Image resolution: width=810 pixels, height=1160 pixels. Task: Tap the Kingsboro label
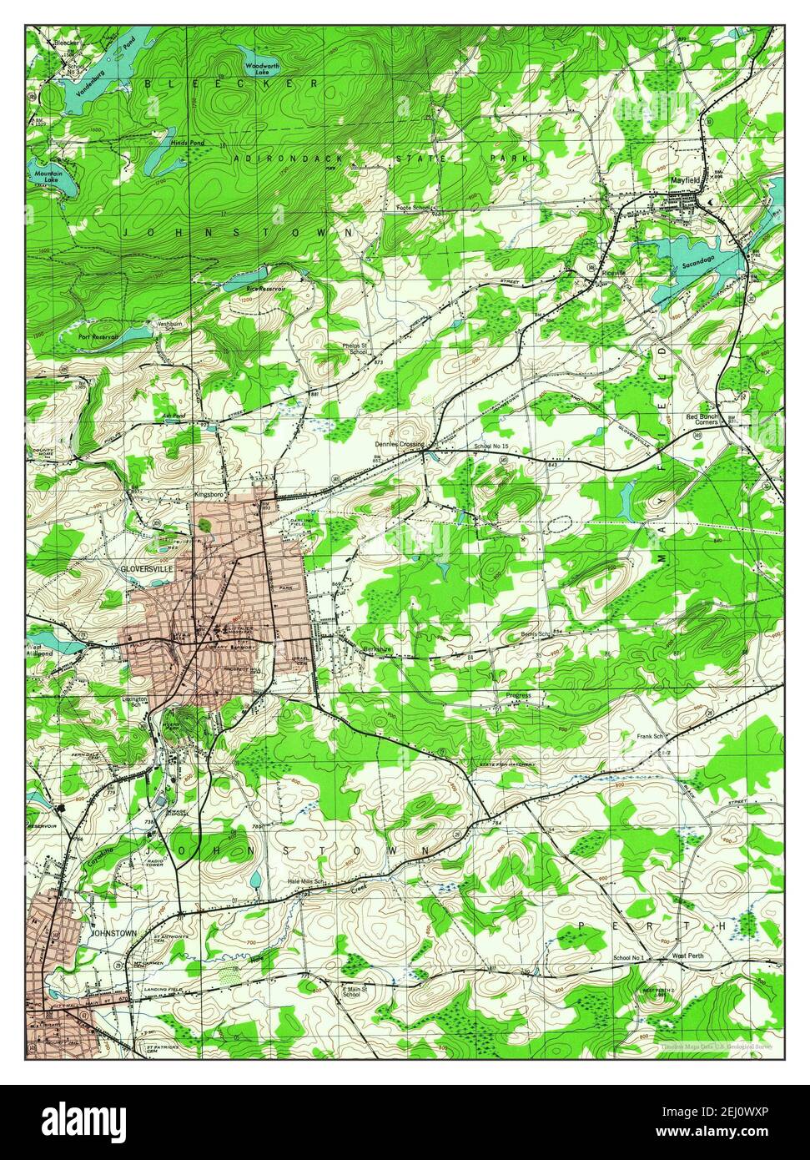(x=210, y=494)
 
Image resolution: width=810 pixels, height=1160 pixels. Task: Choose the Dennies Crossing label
(x=400, y=445)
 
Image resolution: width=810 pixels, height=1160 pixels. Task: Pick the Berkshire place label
(x=378, y=648)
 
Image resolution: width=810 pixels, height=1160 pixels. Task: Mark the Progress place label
(x=518, y=694)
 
